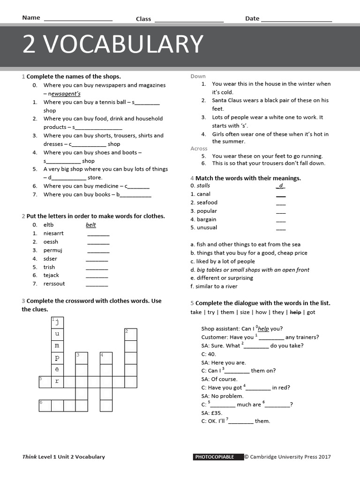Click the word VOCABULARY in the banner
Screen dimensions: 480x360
(x=125, y=45)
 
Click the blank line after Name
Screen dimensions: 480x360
(x=78, y=20)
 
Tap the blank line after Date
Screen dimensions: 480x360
(x=296, y=20)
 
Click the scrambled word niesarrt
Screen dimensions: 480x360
(x=53, y=233)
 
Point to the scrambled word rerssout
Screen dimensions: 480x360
(x=54, y=284)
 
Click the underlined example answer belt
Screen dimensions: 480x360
(x=91, y=225)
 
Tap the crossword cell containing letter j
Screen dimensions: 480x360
(x=57, y=322)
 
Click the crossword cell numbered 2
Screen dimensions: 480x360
(x=130, y=334)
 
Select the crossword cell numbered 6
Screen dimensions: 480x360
(x=45, y=405)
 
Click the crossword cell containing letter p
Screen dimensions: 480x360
(x=57, y=358)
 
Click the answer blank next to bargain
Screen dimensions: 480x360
(x=281, y=220)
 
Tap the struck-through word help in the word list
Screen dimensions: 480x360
(x=295, y=312)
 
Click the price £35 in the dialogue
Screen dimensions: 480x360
(x=216, y=413)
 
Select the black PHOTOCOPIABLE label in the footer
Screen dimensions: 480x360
(x=218, y=457)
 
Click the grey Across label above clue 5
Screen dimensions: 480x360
(x=199, y=149)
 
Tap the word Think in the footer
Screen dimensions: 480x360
(x=29, y=457)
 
